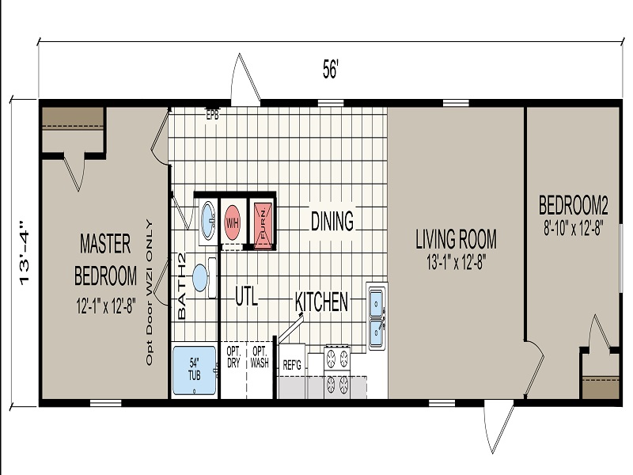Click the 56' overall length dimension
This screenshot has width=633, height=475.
[330, 69]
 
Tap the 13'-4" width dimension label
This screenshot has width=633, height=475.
[25, 253]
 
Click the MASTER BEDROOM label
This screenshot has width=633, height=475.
[105, 260]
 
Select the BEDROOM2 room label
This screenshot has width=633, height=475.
[573, 205]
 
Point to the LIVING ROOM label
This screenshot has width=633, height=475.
[457, 239]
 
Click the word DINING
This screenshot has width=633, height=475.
[332, 221]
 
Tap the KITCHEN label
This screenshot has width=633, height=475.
[321, 302]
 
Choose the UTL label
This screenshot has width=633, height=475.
[246, 298]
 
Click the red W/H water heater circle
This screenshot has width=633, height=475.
[232, 222]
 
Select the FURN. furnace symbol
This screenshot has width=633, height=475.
[263, 222]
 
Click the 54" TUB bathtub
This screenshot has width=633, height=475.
[194, 370]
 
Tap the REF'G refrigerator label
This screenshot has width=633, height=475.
[292, 366]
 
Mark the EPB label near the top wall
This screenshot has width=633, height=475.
[212, 115]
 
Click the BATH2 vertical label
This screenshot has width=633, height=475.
[181, 286]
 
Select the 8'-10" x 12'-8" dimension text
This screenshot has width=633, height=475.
[573, 228]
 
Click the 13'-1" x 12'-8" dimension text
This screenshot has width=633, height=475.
[457, 263]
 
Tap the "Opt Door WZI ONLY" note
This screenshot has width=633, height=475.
[150, 292]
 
